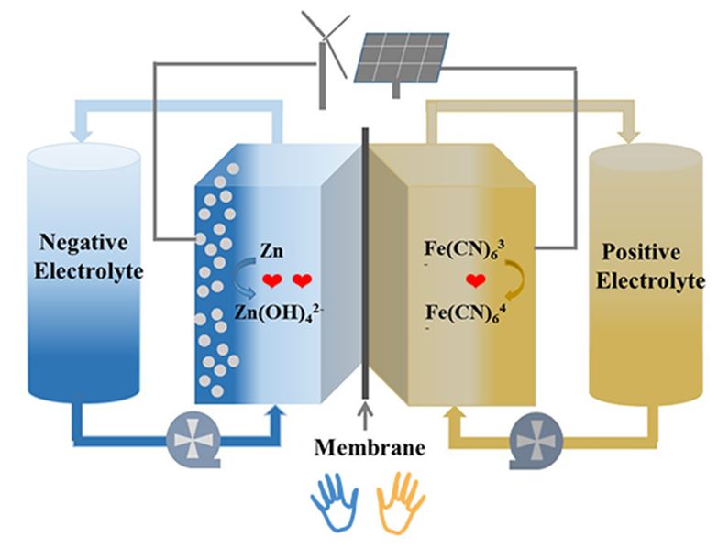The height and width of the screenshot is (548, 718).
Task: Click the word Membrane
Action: point(370,448)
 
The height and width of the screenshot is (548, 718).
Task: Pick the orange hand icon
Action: point(402,502)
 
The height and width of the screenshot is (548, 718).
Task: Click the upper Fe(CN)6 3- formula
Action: point(461,248)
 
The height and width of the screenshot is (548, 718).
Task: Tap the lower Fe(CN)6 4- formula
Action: point(461,312)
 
